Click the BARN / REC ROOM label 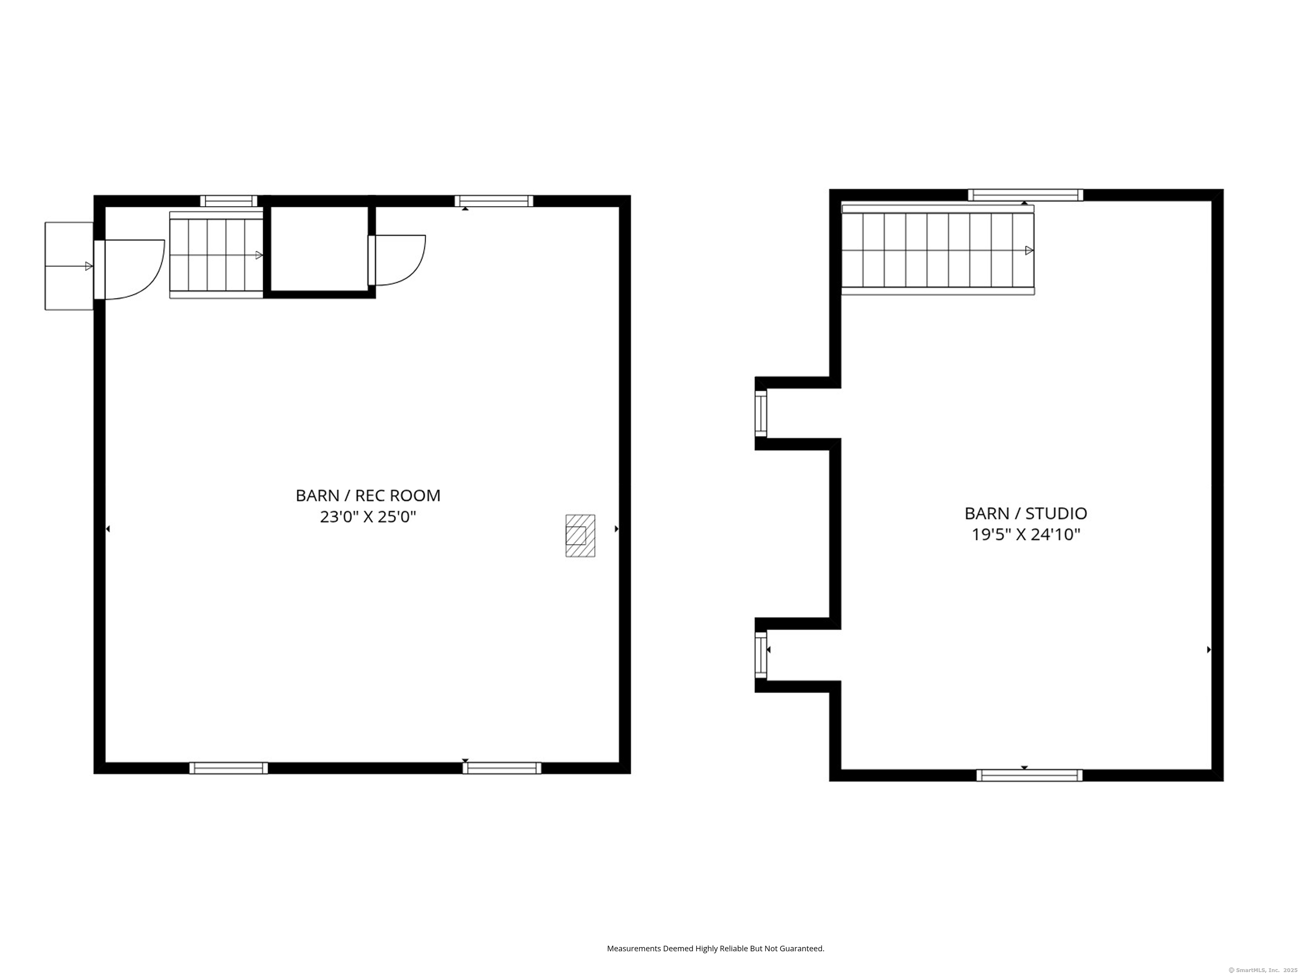[368, 496]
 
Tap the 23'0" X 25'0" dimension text [368, 517]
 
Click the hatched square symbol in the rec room [580, 535]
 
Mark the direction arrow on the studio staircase [1028, 251]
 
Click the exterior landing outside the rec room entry [69, 266]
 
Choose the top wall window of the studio [1025, 195]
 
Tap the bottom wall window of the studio [1029, 775]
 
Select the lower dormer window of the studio [761, 655]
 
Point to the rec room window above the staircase [229, 201]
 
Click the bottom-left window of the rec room [229, 768]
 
